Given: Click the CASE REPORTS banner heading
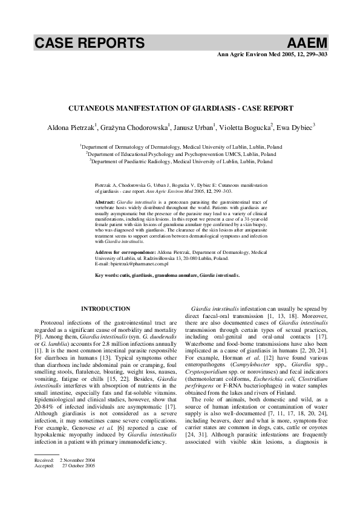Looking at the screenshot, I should pos(89,43).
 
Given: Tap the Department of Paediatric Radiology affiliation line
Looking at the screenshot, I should pos(182,161).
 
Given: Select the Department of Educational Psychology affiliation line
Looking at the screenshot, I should pos(182,154).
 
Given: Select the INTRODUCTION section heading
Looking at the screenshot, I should pos(105,309).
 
